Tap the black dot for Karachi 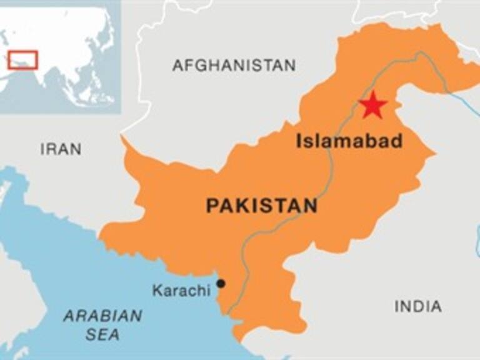221,284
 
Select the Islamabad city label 349,141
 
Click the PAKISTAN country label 261,205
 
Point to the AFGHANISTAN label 234,65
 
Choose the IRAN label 61,149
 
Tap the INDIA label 418,306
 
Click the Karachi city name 181,291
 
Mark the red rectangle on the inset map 23,59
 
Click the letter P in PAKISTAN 212,205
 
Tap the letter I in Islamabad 299,141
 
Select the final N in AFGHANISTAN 290,65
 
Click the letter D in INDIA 417,306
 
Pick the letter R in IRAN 49,149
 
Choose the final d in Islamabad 397,141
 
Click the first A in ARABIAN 68,316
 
